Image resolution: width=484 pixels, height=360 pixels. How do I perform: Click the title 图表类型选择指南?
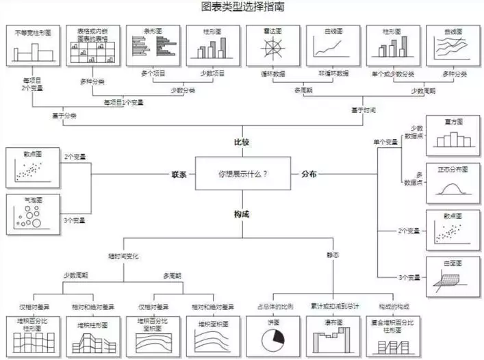click(243, 8)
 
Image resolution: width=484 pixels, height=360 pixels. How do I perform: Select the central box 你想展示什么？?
click(242, 174)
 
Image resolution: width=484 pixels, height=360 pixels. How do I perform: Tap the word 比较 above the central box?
click(242, 143)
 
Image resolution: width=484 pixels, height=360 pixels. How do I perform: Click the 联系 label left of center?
click(179, 174)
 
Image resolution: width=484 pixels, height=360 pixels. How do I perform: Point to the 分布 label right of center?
click(309, 174)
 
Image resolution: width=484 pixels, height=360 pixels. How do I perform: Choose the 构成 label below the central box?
click(242, 214)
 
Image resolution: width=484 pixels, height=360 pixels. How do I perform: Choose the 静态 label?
click(333, 255)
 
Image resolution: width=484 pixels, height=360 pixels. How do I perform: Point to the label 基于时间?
click(363, 110)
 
